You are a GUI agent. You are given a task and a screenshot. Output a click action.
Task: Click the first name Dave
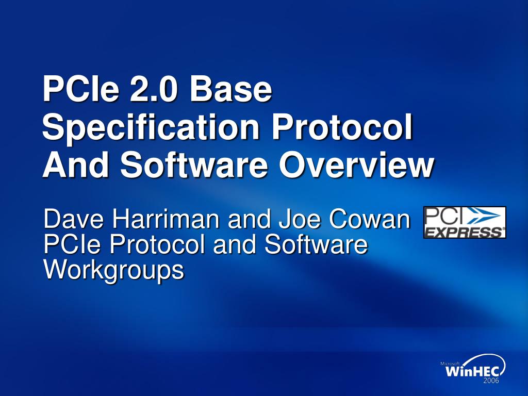pyautogui.click(x=74, y=219)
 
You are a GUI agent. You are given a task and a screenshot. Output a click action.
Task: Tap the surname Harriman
pyautogui.click(x=167, y=219)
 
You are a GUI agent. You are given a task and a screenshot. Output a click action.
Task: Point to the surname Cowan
pyautogui.click(x=369, y=219)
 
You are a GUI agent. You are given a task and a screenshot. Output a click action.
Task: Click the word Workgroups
pyautogui.click(x=114, y=270)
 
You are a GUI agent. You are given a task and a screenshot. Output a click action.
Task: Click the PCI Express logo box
pyautogui.click(x=465, y=222)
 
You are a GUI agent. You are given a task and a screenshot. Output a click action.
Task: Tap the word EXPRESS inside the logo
pyautogui.click(x=465, y=232)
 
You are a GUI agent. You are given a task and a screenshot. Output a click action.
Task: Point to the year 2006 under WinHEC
pyautogui.click(x=491, y=381)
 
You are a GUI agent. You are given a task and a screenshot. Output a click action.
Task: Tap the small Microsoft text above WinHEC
pyautogui.click(x=450, y=364)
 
